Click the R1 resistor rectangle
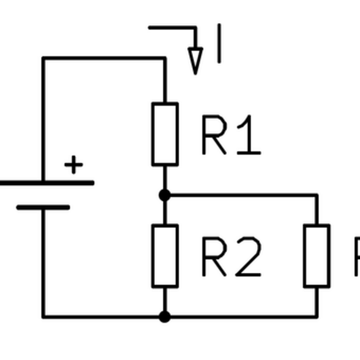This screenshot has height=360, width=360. click(165, 134)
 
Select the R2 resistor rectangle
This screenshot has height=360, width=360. click(165, 256)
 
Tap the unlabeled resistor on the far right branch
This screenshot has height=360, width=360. click(317, 256)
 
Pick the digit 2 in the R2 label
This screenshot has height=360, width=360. click(248, 259)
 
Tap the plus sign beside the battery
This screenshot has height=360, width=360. click(74, 165)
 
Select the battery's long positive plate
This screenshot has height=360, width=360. click(46, 183)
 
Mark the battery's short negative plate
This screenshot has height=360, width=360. click(43, 207)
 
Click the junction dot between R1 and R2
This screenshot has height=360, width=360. click(165, 195)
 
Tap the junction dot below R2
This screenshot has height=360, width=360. click(165, 317)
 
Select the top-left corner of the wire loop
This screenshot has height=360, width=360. click(43, 58)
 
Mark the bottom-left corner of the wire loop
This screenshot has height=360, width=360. click(43, 317)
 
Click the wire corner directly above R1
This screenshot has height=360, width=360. click(165, 58)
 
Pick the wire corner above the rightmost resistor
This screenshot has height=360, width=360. click(317, 195)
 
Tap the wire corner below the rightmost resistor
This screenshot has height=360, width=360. click(317, 317)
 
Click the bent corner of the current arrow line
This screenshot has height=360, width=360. click(194, 28)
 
